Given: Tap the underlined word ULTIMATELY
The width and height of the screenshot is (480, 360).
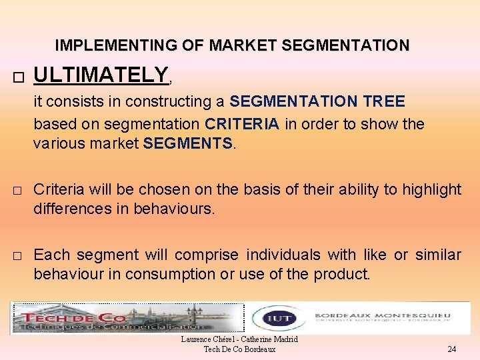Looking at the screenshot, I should point(101,75).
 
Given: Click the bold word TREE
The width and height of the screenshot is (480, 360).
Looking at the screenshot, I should point(384,101).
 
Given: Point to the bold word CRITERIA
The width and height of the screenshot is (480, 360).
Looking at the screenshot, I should point(242,124).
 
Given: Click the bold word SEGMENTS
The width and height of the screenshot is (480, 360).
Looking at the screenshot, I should point(187,143).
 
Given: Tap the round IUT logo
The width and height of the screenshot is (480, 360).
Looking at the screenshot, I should point(272,318).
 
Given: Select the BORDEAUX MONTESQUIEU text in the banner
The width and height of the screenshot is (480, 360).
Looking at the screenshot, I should point(382,315).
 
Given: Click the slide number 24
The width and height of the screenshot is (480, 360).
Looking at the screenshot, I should point(451,349).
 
